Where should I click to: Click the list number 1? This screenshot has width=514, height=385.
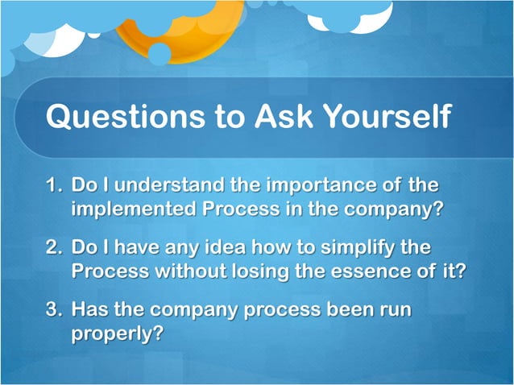[x=52, y=186]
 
